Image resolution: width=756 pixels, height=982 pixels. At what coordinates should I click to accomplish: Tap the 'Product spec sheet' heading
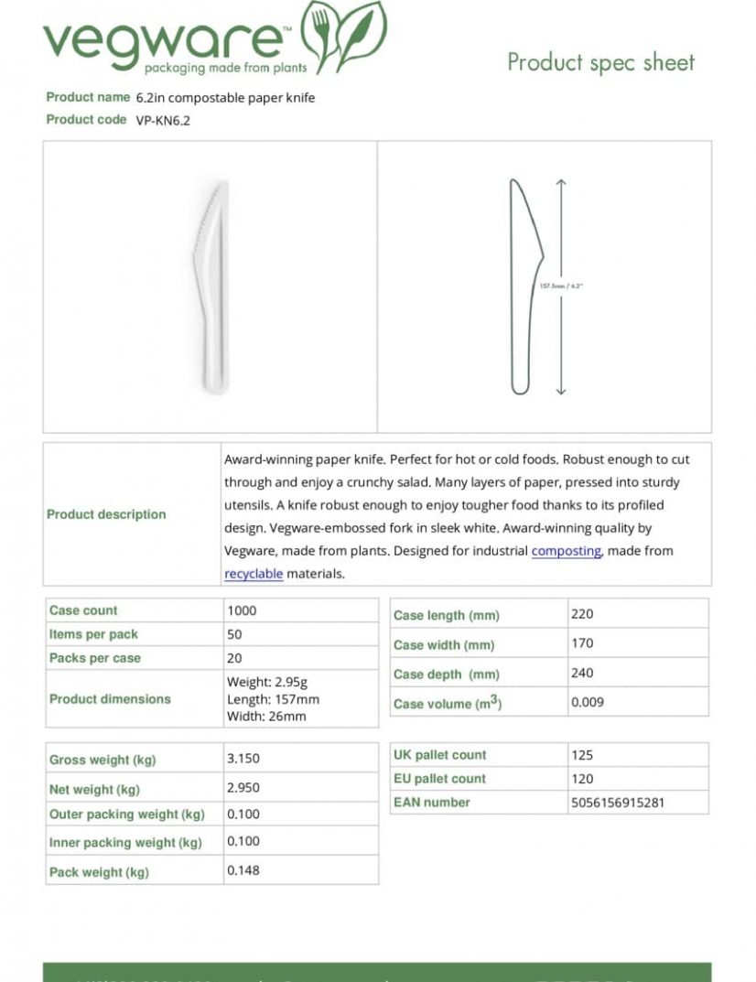(600, 62)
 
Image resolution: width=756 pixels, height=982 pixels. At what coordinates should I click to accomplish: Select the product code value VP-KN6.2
(157, 120)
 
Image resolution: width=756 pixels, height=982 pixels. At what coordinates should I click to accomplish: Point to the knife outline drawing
(524, 286)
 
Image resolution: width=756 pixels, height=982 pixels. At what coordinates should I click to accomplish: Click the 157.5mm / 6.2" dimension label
(561, 286)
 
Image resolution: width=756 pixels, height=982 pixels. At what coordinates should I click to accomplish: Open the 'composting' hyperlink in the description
(566, 551)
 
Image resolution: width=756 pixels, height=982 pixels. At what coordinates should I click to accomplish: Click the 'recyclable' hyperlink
(254, 574)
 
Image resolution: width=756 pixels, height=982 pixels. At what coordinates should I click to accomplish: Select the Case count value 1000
(242, 610)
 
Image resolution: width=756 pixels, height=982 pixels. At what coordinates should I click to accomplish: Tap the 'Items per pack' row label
(93, 634)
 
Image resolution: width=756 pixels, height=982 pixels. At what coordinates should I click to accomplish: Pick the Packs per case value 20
(234, 658)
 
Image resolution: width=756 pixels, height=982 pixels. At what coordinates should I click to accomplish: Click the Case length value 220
(582, 614)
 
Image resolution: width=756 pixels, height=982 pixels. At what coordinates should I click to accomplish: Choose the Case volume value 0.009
(588, 703)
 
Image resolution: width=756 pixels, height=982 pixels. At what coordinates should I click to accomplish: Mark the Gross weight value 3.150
(243, 759)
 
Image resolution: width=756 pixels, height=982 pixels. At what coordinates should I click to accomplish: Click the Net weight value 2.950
(243, 788)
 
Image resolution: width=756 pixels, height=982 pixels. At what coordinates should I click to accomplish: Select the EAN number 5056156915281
(617, 803)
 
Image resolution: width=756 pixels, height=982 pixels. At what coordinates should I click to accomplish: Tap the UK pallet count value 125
(582, 755)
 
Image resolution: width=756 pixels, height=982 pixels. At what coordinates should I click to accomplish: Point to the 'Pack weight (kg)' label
(99, 872)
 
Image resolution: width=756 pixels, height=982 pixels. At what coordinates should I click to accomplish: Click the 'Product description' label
(106, 514)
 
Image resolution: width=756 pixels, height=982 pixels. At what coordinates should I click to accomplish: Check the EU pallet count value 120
(582, 779)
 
